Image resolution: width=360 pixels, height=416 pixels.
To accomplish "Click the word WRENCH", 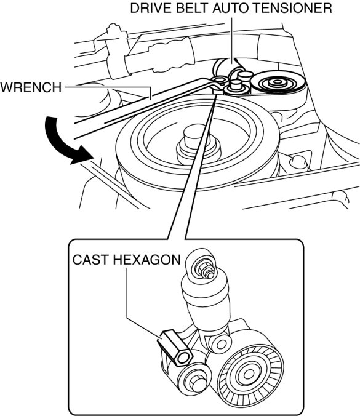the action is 31,87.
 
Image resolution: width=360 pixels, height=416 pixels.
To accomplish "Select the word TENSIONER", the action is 294,8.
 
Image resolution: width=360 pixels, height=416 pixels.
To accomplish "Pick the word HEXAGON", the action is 146,260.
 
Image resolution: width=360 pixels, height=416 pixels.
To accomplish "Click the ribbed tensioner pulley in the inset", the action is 249,374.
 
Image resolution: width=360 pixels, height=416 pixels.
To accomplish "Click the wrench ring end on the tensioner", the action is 219,80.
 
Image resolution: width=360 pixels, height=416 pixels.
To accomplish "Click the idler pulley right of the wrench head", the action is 277,82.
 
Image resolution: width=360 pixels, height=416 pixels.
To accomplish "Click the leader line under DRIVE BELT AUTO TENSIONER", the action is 233,41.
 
